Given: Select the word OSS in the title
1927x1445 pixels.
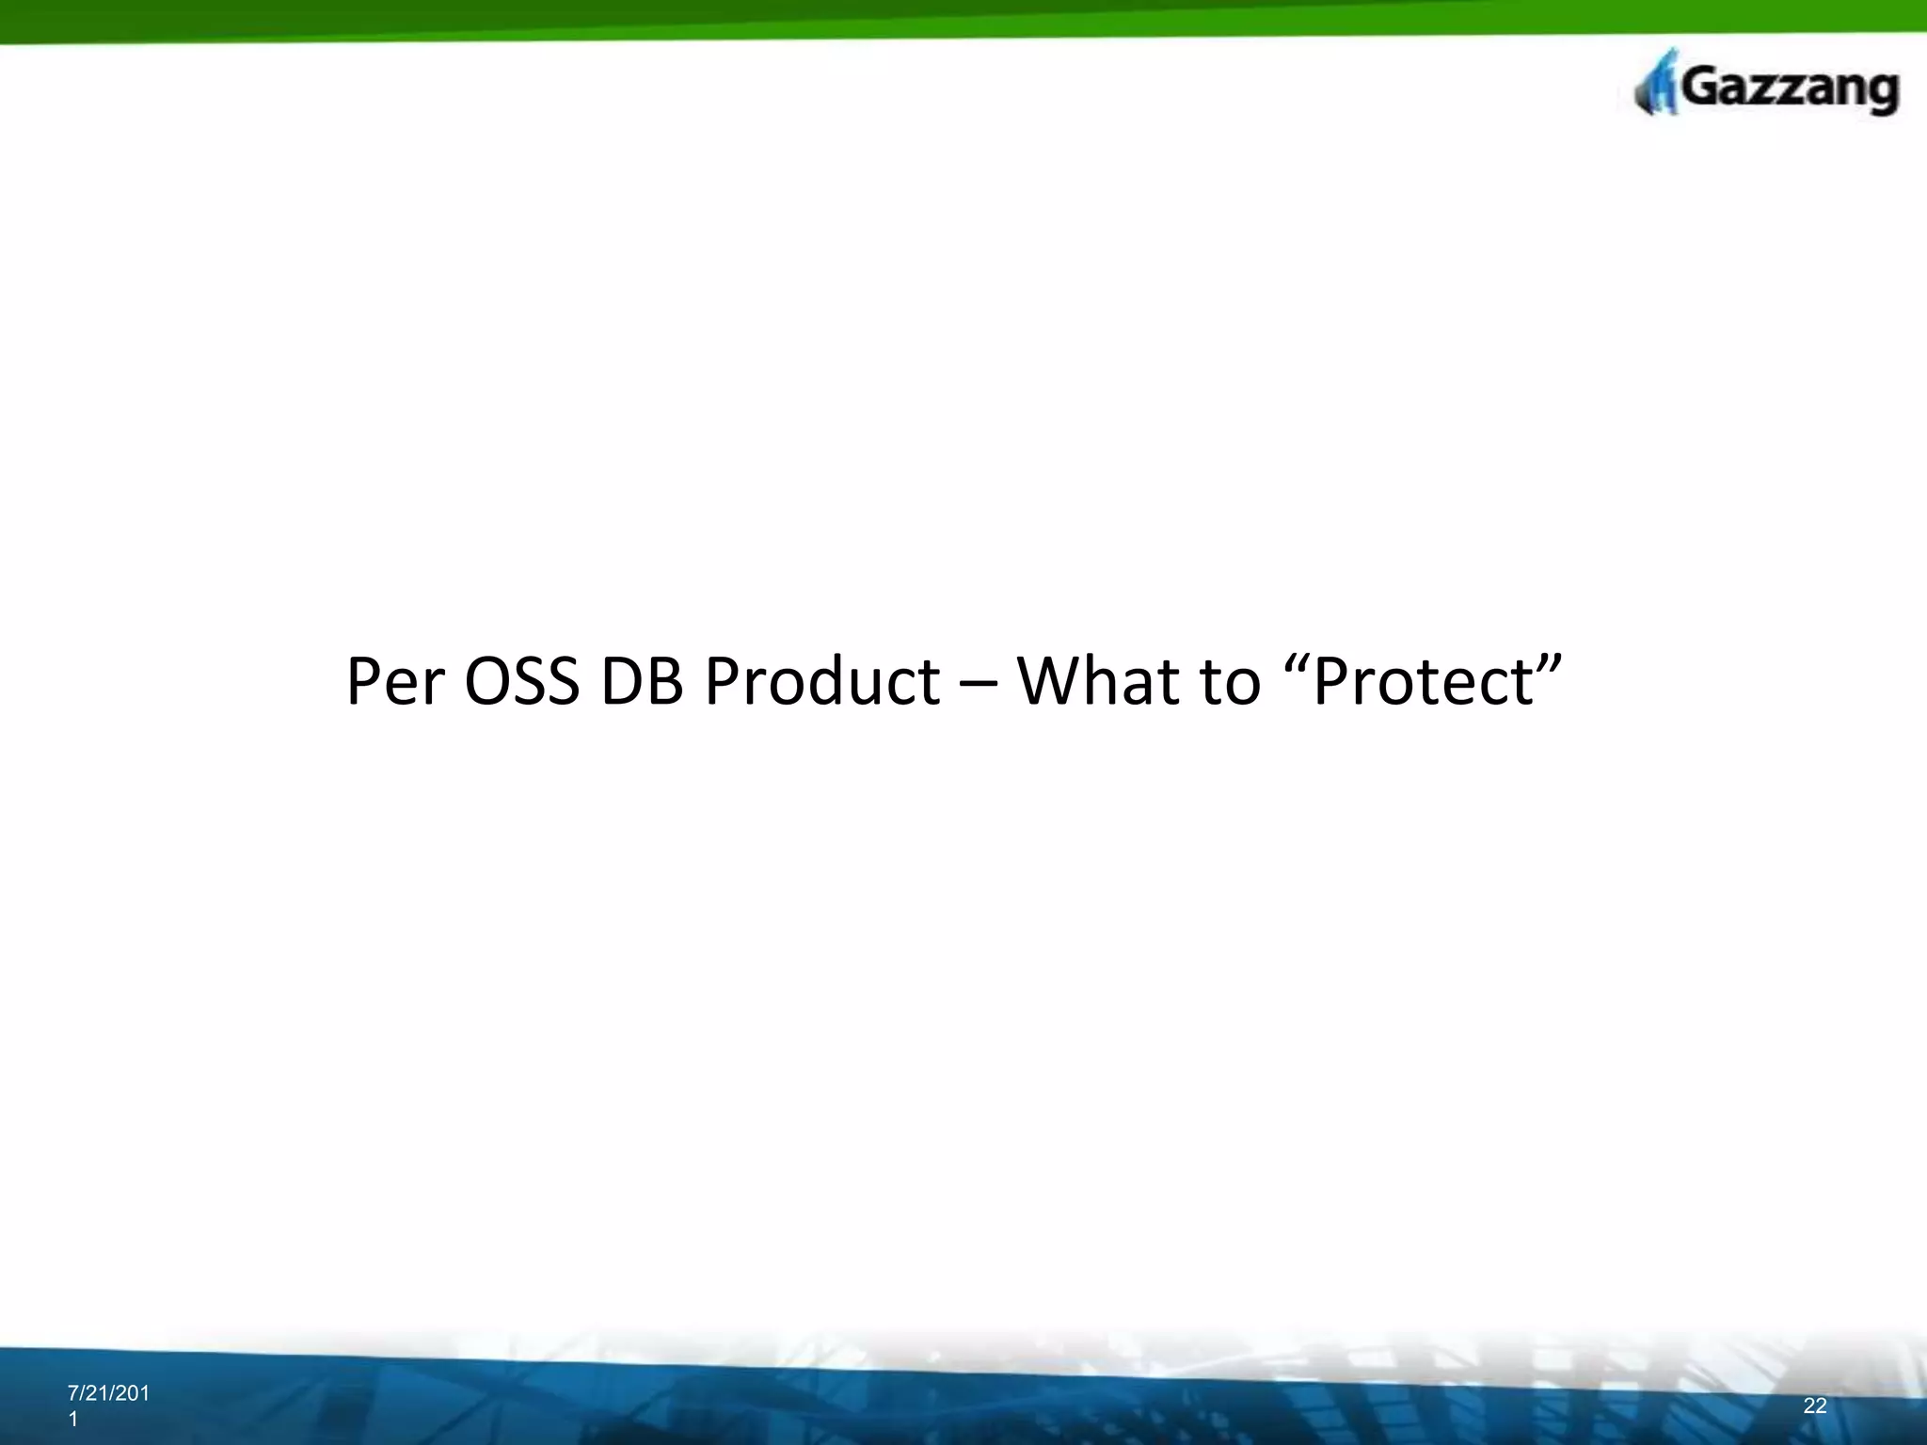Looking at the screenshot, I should point(521,682).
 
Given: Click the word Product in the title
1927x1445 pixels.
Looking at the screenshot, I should point(821,682).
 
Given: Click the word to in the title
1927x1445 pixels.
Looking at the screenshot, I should point(1231,682).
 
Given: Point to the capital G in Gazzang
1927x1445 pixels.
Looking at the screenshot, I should point(1700,88).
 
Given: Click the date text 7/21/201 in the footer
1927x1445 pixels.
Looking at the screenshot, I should point(108,1393).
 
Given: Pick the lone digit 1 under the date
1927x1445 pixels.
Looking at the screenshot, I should point(73,1421).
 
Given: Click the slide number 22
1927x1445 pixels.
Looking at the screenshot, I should point(1815,1405).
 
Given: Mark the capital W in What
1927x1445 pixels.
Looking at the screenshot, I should point(1051,682).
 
